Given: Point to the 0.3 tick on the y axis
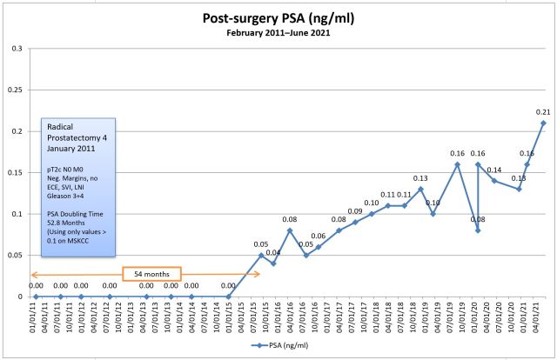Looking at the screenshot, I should click(x=17, y=48).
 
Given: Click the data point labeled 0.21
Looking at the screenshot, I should click(x=543, y=123).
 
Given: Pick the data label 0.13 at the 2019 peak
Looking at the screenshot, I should click(x=419, y=178).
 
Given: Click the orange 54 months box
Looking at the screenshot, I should click(x=151, y=274).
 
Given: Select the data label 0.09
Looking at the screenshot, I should click(x=355, y=211).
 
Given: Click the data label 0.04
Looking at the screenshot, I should click(x=273, y=253).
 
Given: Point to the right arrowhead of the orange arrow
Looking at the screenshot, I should click(x=258, y=275).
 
